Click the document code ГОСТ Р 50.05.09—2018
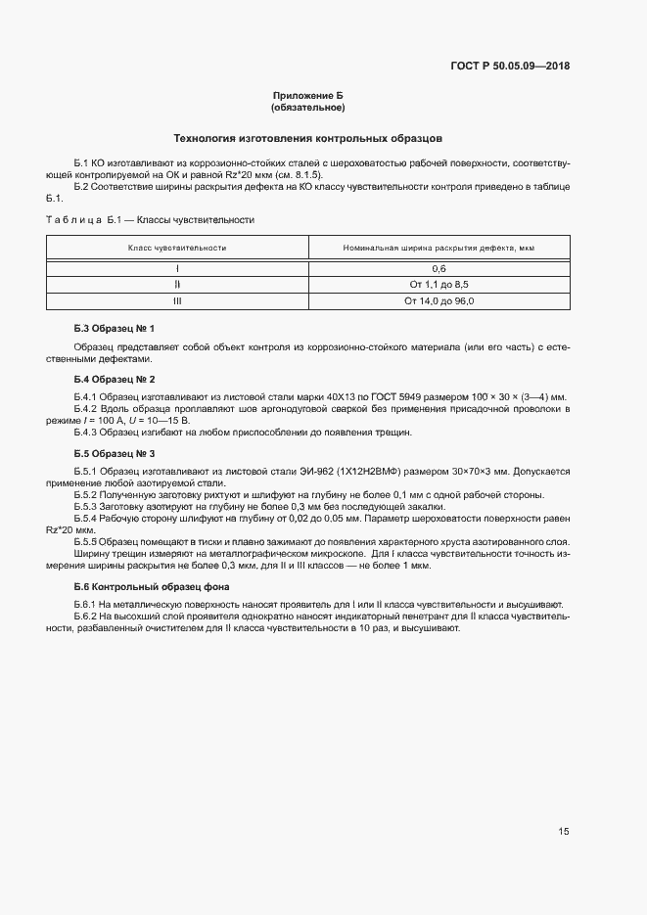[512, 67]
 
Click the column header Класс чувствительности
[177, 249]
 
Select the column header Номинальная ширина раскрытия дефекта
[438, 249]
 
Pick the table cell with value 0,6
[439, 267]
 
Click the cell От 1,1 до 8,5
[439, 284]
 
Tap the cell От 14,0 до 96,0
[439, 300]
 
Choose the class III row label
[177, 300]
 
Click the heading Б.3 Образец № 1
[115, 328]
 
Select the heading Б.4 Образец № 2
[115, 379]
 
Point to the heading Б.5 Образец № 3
[115, 454]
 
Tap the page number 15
[564, 832]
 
